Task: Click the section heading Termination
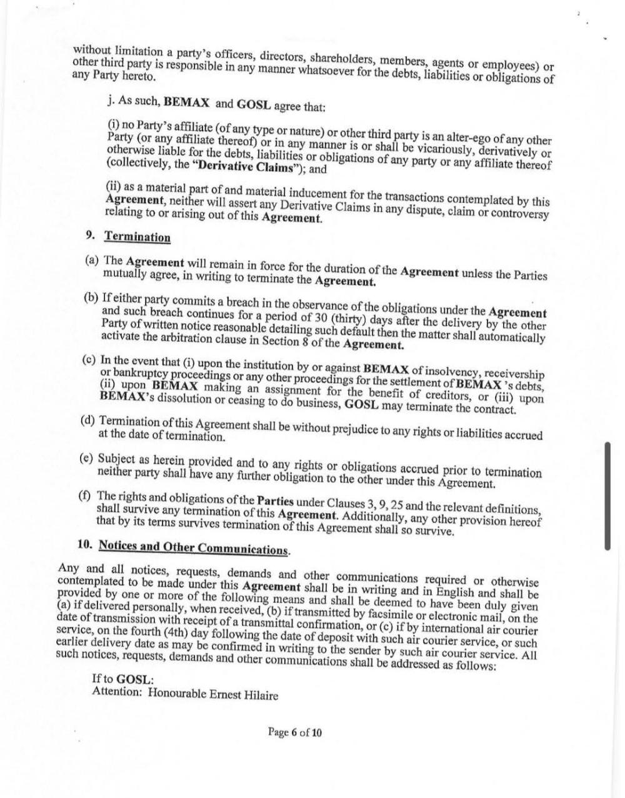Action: coord(137,237)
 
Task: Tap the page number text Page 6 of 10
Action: coord(295,732)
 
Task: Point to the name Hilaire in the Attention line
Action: coord(258,695)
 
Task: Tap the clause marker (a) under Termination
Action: coord(92,260)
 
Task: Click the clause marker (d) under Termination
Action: coord(88,419)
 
